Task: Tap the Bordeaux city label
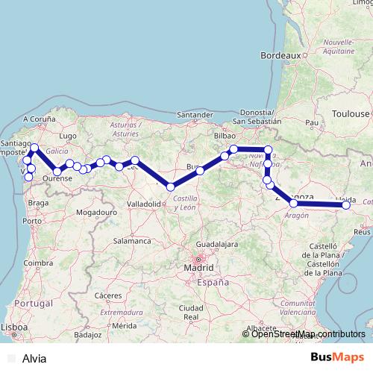(x=280, y=55)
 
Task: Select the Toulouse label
(x=351, y=113)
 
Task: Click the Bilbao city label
(x=225, y=137)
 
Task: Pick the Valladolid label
(x=145, y=203)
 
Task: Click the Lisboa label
(x=14, y=327)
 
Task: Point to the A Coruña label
(x=40, y=119)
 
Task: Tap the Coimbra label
(x=37, y=262)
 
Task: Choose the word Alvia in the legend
(x=34, y=359)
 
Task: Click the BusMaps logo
(x=339, y=357)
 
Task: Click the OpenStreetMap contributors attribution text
(x=308, y=334)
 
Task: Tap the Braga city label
(x=35, y=201)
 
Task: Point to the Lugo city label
(x=68, y=136)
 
